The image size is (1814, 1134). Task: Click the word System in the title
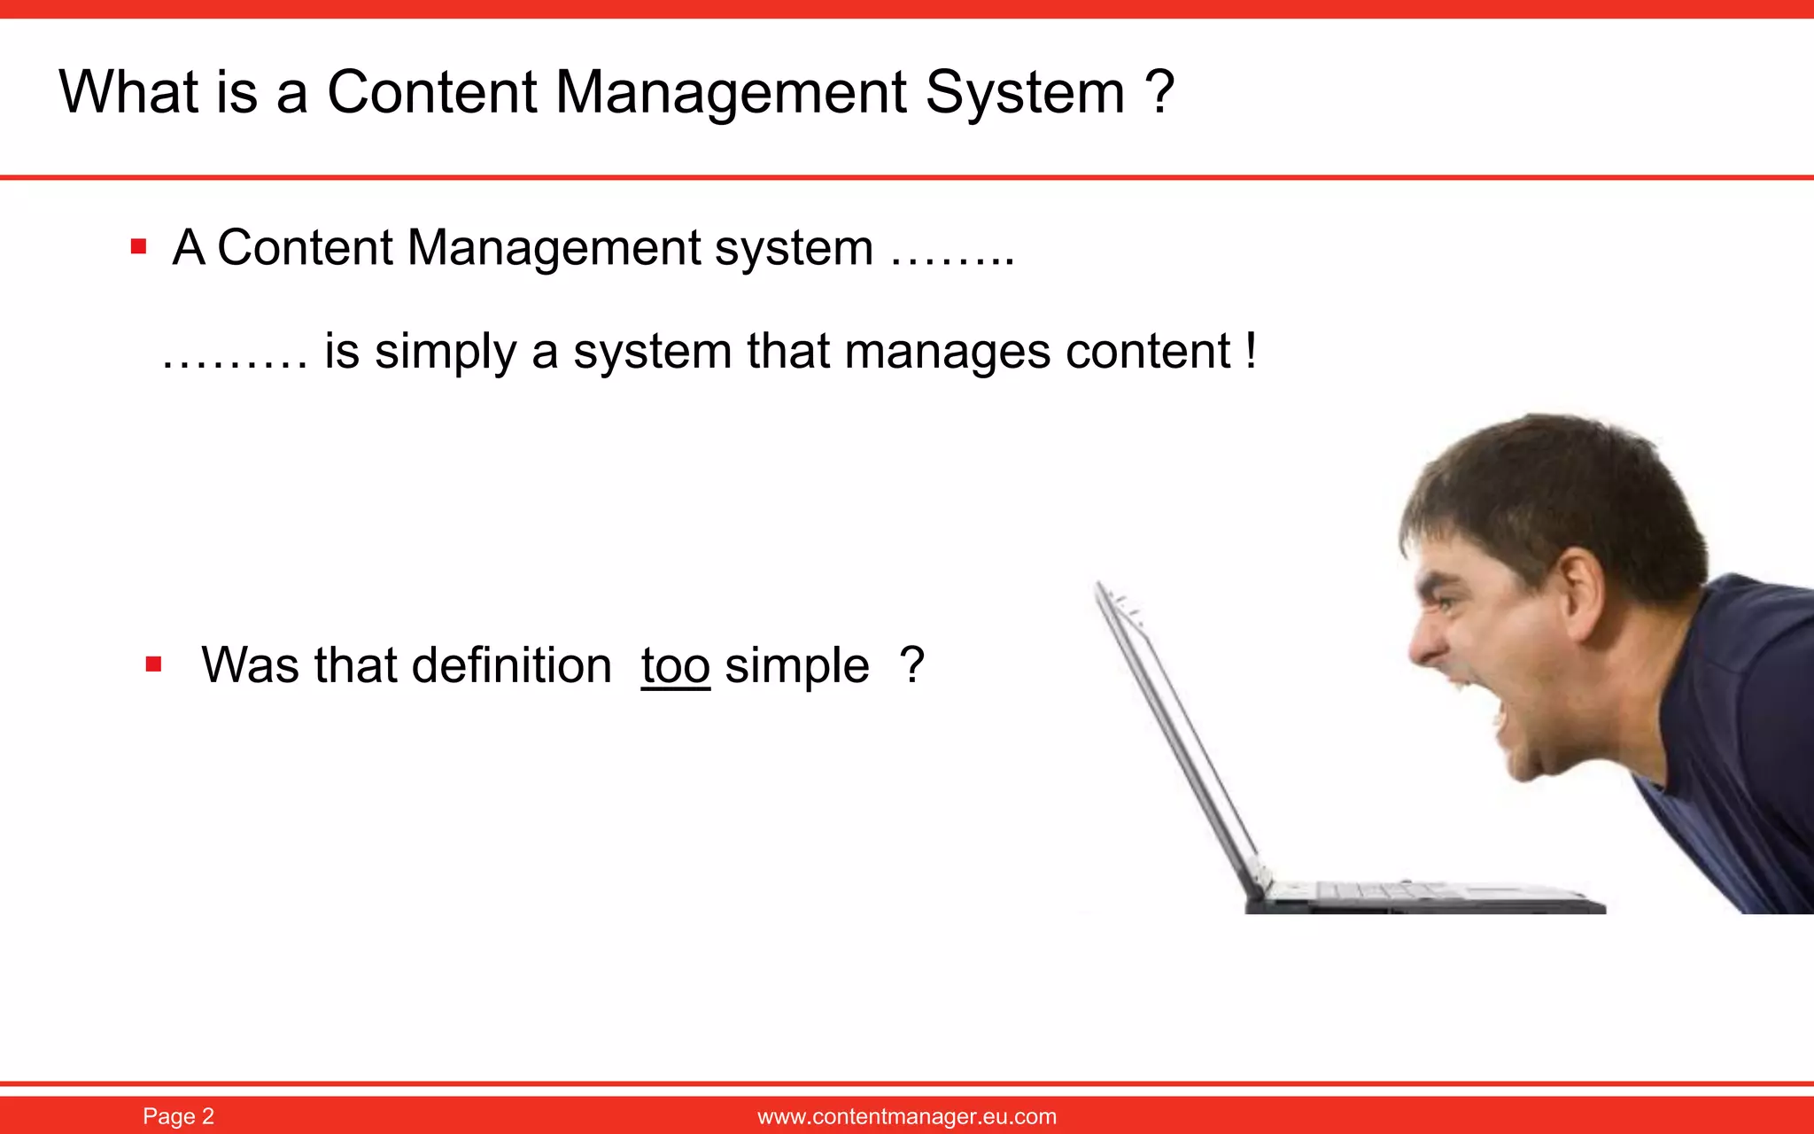pos(1025,92)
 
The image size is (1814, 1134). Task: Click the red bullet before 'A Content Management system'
pos(138,246)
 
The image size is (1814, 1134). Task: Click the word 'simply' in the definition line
pos(446,352)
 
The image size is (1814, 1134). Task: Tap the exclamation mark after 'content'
pos(1250,350)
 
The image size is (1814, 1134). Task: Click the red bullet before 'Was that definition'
pos(153,664)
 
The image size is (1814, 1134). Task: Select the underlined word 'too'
pos(675,665)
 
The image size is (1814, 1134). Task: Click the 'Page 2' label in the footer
pos(178,1116)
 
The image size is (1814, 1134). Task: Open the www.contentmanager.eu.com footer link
pos(906,1116)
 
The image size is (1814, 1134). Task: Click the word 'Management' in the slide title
pos(731,92)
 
